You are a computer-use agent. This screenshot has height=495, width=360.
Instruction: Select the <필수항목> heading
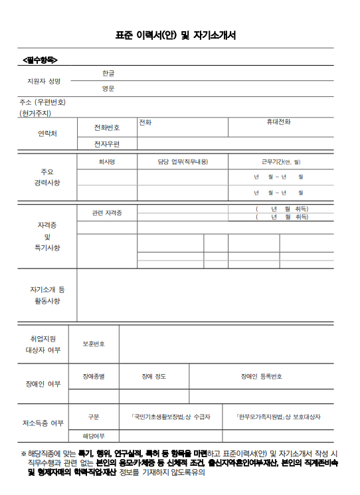40,60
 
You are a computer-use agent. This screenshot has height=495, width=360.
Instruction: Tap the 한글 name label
108,72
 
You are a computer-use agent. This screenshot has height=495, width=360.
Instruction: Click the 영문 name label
108,88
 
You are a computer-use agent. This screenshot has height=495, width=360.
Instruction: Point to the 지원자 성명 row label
44,81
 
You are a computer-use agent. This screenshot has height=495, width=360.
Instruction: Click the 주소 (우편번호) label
43,102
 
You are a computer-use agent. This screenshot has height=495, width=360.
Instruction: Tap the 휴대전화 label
279,122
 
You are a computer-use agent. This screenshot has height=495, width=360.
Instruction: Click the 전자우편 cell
107,144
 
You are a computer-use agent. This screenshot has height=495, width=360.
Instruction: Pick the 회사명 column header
107,161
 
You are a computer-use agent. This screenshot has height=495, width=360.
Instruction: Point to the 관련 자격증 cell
107,213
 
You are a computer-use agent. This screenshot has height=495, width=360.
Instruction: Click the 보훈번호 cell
94,344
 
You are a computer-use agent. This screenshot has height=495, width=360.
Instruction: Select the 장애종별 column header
94,377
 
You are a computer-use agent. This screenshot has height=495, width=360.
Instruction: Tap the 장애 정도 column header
154,377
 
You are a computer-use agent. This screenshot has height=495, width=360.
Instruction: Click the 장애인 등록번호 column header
262,377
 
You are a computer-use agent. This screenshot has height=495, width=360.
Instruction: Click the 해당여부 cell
94,436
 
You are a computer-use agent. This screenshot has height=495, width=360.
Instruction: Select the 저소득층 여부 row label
43,423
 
